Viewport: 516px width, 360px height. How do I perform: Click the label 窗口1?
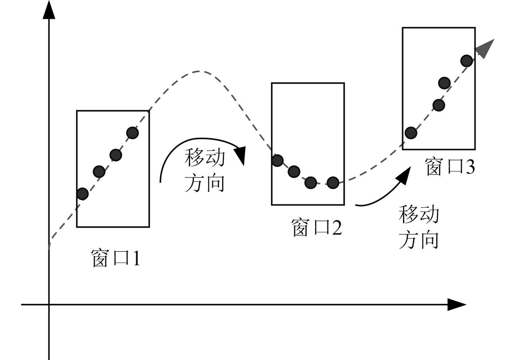click(x=115, y=258)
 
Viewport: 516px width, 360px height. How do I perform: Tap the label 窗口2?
click(x=317, y=227)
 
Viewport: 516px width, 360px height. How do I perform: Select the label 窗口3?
click(x=450, y=167)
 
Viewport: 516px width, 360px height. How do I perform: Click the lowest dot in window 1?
click(x=82, y=194)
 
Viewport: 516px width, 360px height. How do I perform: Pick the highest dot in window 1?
click(x=132, y=133)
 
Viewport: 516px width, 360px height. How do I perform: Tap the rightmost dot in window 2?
click(x=333, y=183)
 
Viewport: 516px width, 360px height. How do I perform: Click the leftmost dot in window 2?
click(x=277, y=160)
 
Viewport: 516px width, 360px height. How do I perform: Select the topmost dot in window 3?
click(x=466, y=61)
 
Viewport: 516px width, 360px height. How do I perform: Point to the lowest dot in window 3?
click(x=411, y=133)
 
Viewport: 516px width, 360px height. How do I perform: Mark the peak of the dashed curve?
click(x=199, y=71)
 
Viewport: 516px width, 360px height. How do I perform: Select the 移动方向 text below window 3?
click(x=419, y=227)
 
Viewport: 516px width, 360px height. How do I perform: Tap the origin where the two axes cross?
click(x=49, y=305)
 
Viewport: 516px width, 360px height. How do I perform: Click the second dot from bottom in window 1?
click(x=99, y=171)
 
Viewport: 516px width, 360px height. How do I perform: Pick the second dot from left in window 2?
click(x=294, y=171)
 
